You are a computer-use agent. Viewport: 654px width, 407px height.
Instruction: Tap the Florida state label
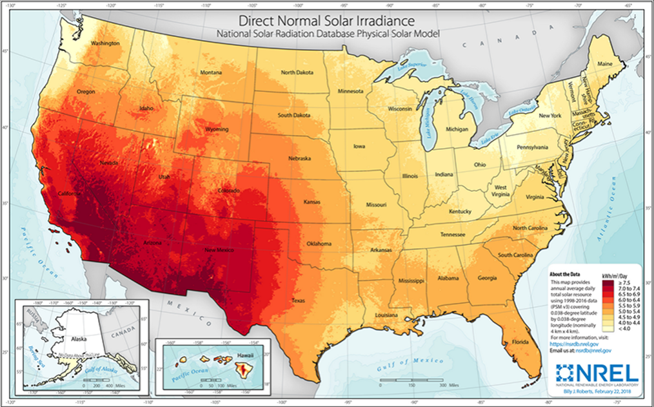coord(520,341)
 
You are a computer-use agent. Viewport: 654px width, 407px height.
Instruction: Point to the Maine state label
coord(605,64)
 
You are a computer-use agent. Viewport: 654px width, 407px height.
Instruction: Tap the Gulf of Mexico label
coord(403,366)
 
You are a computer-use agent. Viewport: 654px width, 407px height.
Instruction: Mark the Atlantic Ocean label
coord(615,239)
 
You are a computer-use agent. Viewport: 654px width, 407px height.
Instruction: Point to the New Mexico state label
coord(218,250)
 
